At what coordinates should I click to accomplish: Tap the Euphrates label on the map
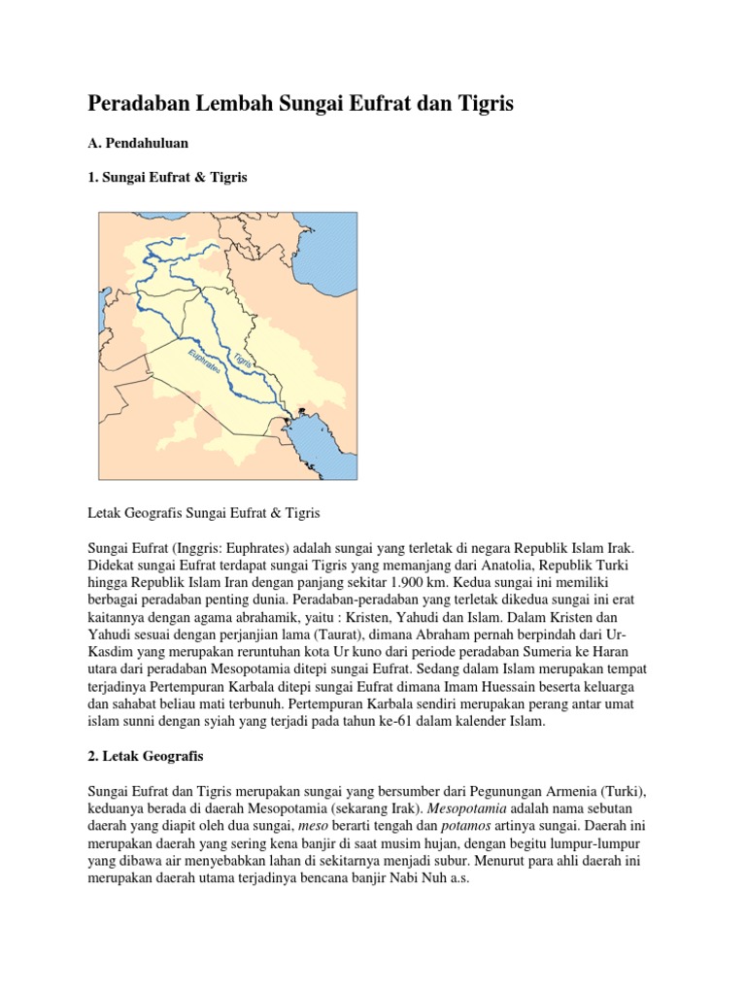point(204,359)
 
